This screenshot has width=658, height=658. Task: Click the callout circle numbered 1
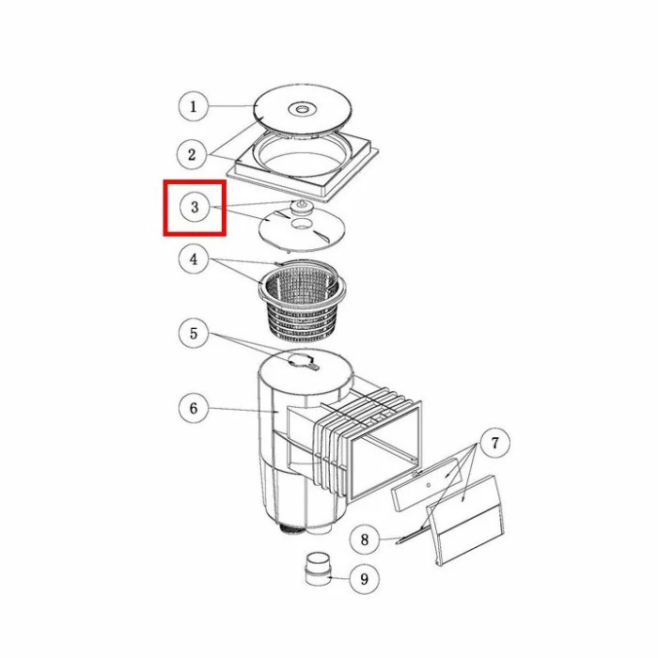[193, 106]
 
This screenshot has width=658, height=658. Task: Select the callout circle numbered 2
[192, 155]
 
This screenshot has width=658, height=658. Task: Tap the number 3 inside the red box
[195, 207]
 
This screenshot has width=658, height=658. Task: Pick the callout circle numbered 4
[194, 259]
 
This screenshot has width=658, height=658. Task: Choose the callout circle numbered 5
[194, 334]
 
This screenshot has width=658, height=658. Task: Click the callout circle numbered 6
[194, 408]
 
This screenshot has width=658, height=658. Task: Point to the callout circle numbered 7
[495, 443]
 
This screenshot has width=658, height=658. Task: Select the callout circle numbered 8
[365, 539]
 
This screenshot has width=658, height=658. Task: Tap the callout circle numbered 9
[365, 579]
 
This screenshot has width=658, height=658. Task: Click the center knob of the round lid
[301, 110]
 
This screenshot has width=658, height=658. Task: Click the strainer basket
[302, 299]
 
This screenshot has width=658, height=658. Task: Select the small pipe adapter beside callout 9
[318, 569]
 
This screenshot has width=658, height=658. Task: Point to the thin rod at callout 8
[409, 536]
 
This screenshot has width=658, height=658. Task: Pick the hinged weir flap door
[465, 521]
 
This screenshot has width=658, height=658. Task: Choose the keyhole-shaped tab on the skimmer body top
[303, 361]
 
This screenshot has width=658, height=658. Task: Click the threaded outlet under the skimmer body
[291, 529]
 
